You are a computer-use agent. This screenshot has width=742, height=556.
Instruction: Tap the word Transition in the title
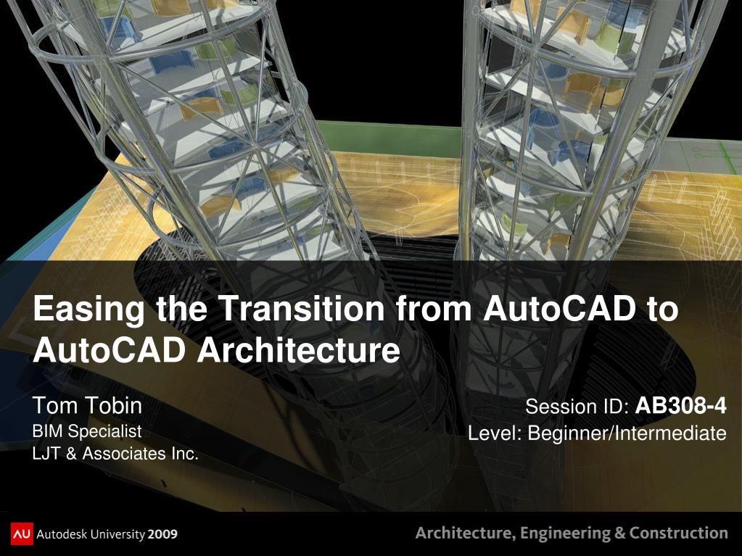[x=303, y=308]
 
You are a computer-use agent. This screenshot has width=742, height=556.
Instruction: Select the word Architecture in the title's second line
[x=299, y=350]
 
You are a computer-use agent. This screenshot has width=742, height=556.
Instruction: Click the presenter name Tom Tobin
[x=87, y=406]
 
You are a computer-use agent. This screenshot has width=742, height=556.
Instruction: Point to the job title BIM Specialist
[x=87, y=431]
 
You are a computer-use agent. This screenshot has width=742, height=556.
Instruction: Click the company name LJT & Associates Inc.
[x=115, y=453]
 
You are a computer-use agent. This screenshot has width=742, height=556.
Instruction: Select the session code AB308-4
[x=680, y=406]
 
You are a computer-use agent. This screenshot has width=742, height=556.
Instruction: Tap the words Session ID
[x=577, y=407]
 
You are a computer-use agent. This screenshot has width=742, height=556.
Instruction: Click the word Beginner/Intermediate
[x=627, y=433]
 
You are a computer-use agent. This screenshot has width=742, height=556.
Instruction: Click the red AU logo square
[x=22, y=534]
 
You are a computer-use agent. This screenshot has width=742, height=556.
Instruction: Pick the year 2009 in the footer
[x=162, y=535]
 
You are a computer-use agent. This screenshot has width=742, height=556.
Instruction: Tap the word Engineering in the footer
[x=565, y=534]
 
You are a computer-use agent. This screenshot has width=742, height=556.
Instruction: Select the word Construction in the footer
[x=678, y=533]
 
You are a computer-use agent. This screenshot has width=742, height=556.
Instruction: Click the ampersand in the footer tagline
[x=619, y=534]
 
